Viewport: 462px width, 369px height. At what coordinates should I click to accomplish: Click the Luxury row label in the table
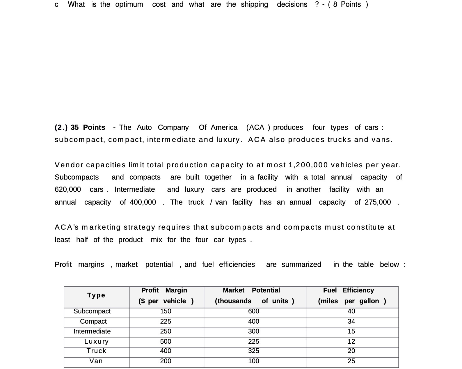click(x=96, y=341)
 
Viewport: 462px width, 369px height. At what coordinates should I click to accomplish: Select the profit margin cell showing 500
click(x=166, y=341)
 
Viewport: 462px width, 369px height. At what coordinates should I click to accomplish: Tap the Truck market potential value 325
click(x=253, y=351)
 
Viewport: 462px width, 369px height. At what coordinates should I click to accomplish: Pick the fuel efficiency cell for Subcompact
click(x=351, y=311)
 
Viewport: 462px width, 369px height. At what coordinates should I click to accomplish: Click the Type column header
click(x=96, y=295)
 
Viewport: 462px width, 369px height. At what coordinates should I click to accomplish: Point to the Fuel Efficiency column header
click(x=352, y=296)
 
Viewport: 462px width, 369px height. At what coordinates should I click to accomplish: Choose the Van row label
click(x=96, y=361)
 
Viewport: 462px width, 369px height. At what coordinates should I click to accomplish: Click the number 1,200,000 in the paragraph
click(x=308, y=165)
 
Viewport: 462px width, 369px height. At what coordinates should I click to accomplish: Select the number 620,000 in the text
click(x=68, y=189)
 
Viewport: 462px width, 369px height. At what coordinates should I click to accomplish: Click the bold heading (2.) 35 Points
click(x=80, y=127)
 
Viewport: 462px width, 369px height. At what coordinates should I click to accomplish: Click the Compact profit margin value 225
click(x=166, y=322)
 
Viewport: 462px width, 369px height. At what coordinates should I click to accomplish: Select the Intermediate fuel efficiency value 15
click(x=351, y=331)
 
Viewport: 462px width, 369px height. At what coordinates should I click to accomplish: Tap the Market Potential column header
click(x=254, y=296)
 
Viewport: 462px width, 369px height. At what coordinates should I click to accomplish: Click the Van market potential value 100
click(x=253, y=361)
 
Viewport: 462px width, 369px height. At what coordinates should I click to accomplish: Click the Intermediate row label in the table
click(x=92, y=331)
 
